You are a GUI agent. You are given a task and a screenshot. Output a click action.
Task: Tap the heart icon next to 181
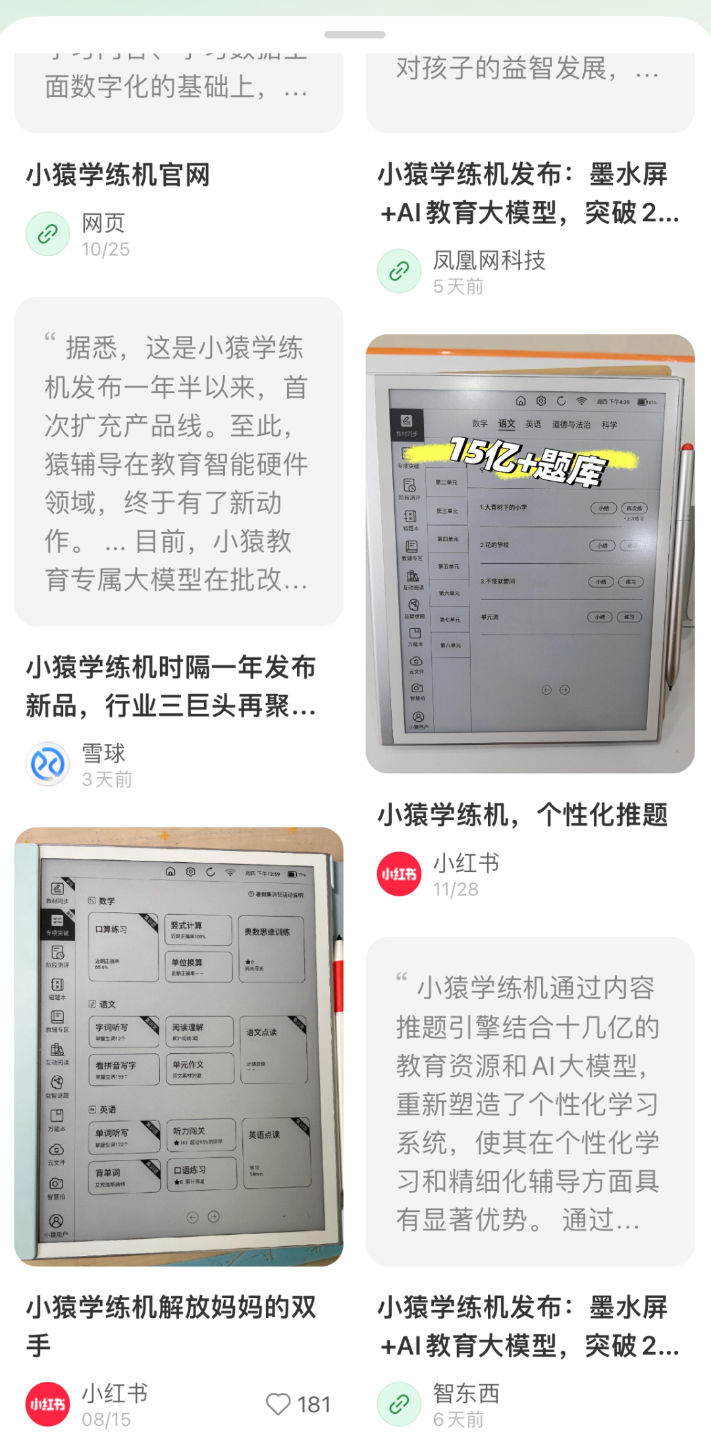pyautogui.click(x=278, y=1404)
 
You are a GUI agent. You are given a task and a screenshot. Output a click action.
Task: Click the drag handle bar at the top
pyautogui.click(x=355, y=34)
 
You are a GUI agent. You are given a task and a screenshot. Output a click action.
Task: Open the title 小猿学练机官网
pyautogui.click(x=118, y=175)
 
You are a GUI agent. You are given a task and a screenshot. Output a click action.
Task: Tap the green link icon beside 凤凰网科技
pyautogui.click(x=399, y=271)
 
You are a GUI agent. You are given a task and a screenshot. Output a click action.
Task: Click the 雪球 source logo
pyautogui.click(x=48, y=764)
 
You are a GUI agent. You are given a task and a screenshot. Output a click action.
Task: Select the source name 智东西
pyautogui.click(x=466, y=1392)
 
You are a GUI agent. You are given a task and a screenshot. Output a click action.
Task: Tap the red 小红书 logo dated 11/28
pyautogui.click(x=399, y=874)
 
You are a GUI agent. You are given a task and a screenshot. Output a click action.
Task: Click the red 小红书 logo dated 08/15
pyautogui.click(x=48, y=1404)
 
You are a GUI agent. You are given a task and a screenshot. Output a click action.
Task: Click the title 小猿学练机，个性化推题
pyautogui.click(x=523, y=815)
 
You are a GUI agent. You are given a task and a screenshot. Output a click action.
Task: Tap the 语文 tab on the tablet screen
pyautogui.click(x=506, y=424)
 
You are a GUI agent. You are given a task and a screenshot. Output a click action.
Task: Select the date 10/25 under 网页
pyautogui.click(x=105, y=250)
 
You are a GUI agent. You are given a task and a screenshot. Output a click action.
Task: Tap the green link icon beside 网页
pyautogui.click(x=48, y=234)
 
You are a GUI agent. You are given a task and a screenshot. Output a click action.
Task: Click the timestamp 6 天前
pyautogui.click(x=458, y=1419)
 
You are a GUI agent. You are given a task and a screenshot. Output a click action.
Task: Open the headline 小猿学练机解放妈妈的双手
pyautogui.click(x=171, y=1325)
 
